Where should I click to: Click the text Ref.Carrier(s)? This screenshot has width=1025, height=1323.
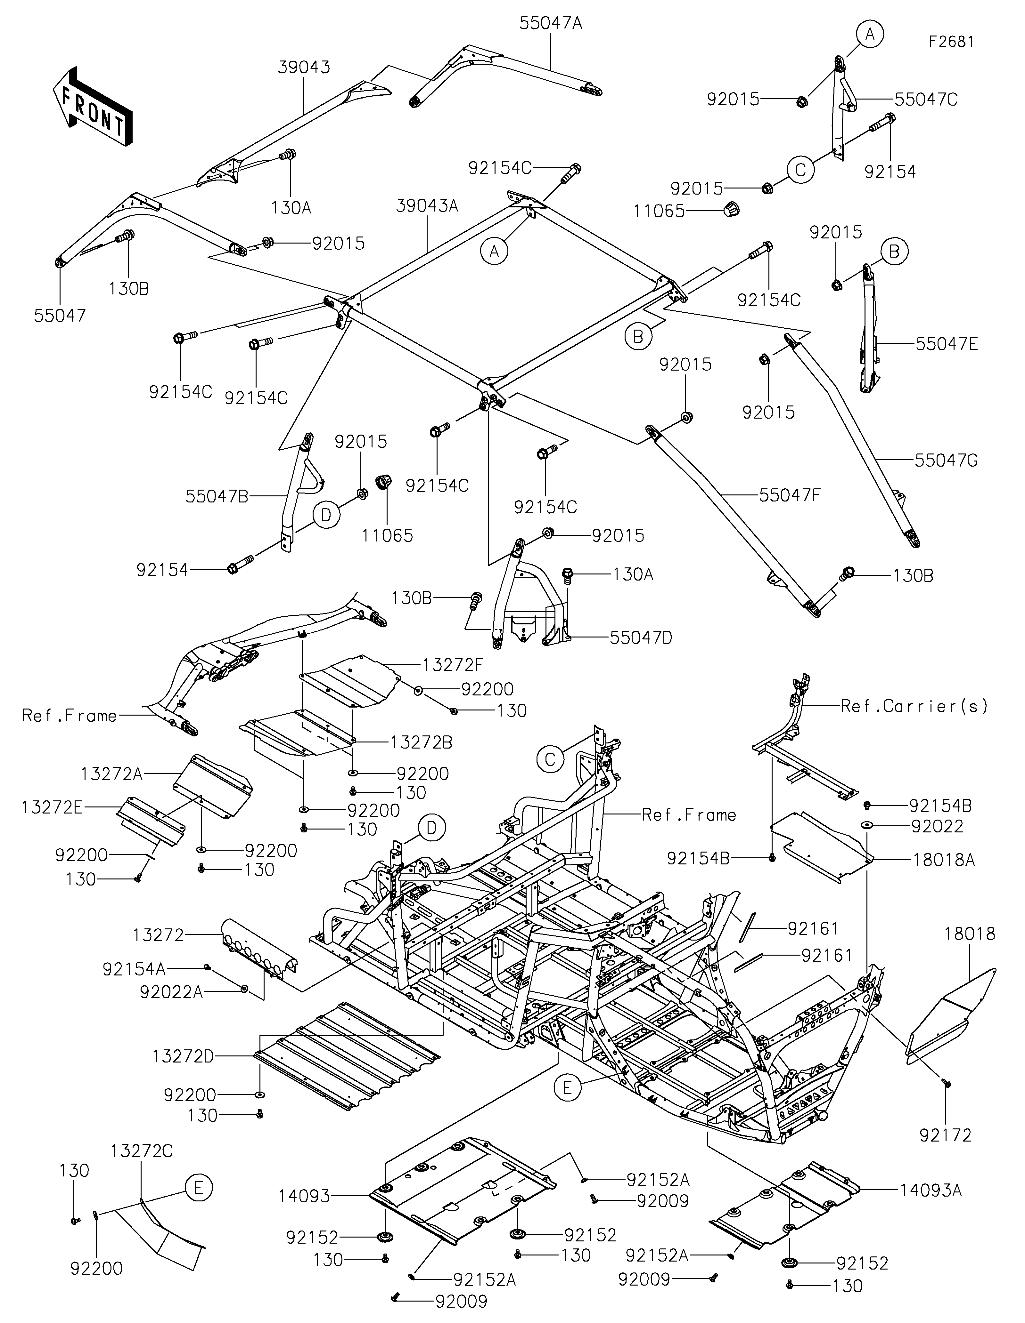(914, 706)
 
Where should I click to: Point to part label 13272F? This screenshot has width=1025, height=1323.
(453, 664)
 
